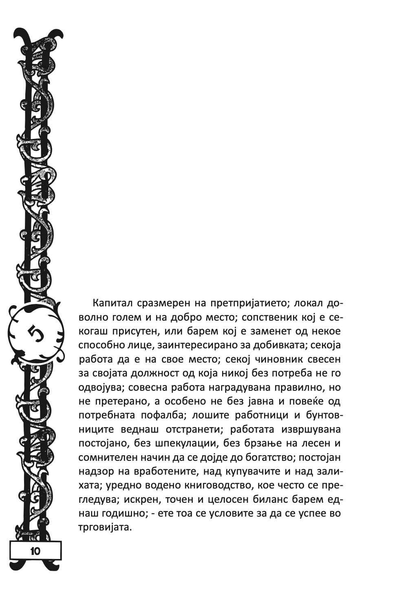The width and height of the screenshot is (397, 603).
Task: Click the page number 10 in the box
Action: pos(35,551)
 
